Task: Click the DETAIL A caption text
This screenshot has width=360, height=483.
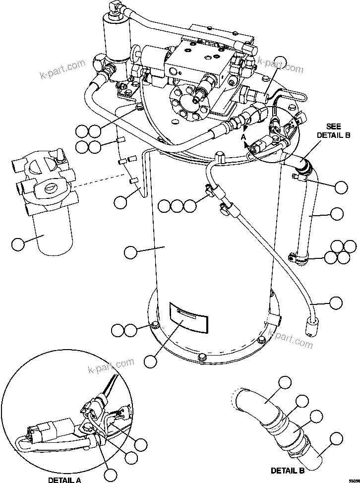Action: point(65,480)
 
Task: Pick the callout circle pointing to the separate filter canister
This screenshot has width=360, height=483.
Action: point(18,244)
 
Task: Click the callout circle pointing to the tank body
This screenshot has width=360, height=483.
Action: point(130,252)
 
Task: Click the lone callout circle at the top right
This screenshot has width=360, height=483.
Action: point(281,63)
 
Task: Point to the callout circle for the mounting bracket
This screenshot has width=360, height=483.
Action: point(120,201)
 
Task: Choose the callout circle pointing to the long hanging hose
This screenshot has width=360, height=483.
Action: point(336,302)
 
